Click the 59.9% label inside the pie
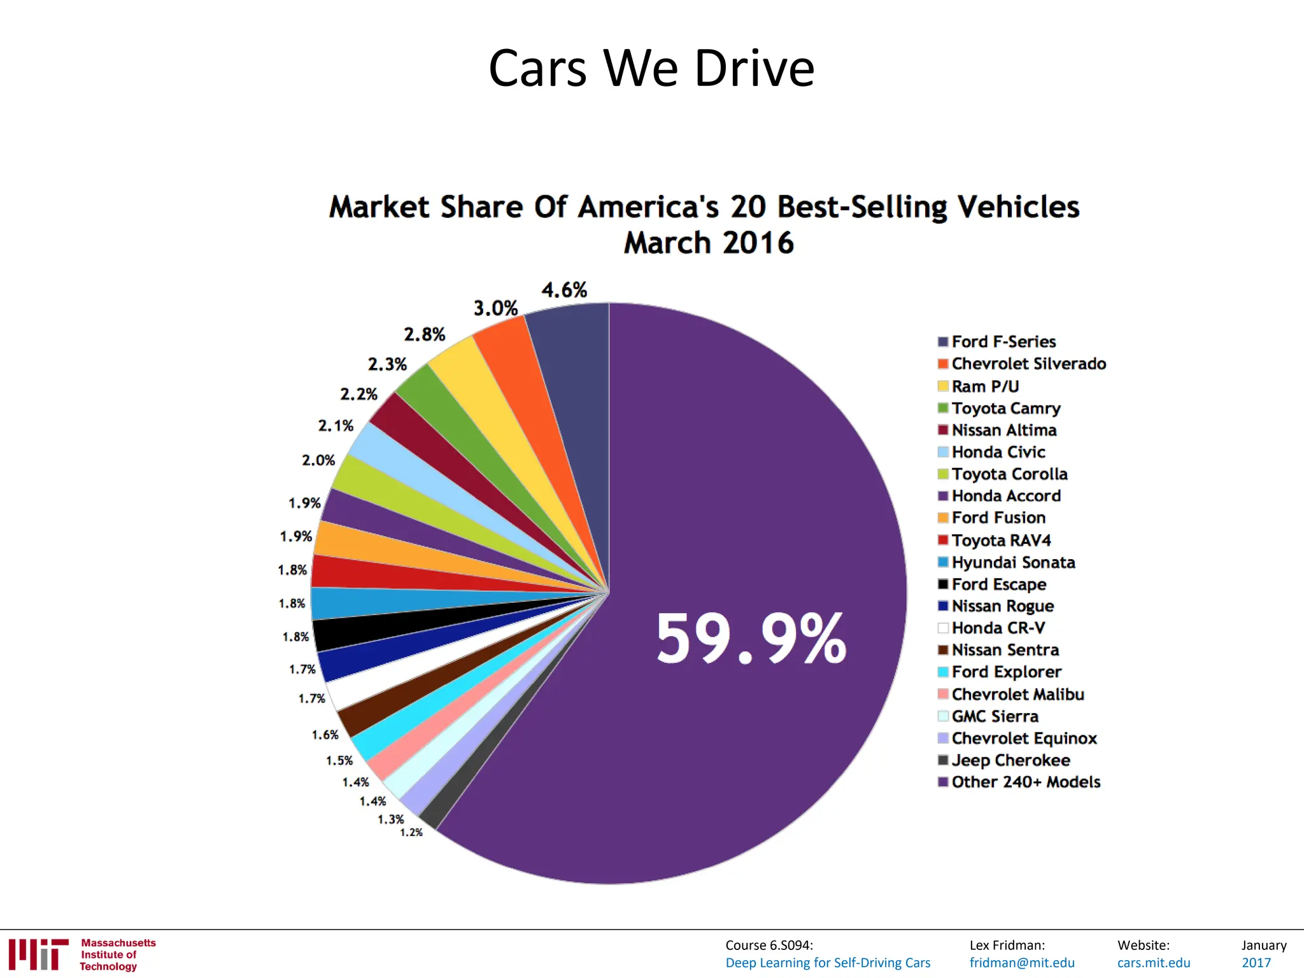(751, 639)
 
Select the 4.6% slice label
(564, 290)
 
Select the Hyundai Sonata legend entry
(1012, 562)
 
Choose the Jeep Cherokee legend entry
(1010, 760)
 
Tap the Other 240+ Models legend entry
(1025, 782)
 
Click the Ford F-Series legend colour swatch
(943, 342)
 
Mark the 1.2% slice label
(411, 832)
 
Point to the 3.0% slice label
(495, 309)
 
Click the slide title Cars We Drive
(651, 68)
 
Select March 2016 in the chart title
(709, 243)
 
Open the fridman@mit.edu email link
(1022, 963)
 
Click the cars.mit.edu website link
(1154, 963)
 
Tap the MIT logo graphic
(38, 954)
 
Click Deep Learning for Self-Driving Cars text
(828, 963)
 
